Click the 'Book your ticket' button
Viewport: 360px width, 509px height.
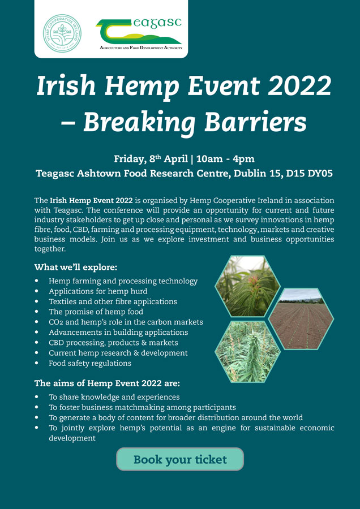(x=180, y=459)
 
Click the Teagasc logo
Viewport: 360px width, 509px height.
(x=139, y=33)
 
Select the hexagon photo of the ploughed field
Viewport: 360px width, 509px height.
(x=301, y=318)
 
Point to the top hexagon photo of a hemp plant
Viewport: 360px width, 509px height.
(x=248, y=286)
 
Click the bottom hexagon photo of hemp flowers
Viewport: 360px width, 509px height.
(x=248, y=351)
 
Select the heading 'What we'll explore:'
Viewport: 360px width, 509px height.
(x=76, y=267)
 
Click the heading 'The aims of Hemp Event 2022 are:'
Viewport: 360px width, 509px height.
(x=107, y=383)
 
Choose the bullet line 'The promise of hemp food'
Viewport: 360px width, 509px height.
(x=96, y=312)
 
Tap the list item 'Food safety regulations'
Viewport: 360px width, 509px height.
(x=90, y=363)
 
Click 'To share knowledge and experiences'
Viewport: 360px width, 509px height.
(x=114, y=397)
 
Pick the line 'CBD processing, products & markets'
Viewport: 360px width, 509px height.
(x=113, y=343)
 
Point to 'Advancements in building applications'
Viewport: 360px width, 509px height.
(x=118, y=333)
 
